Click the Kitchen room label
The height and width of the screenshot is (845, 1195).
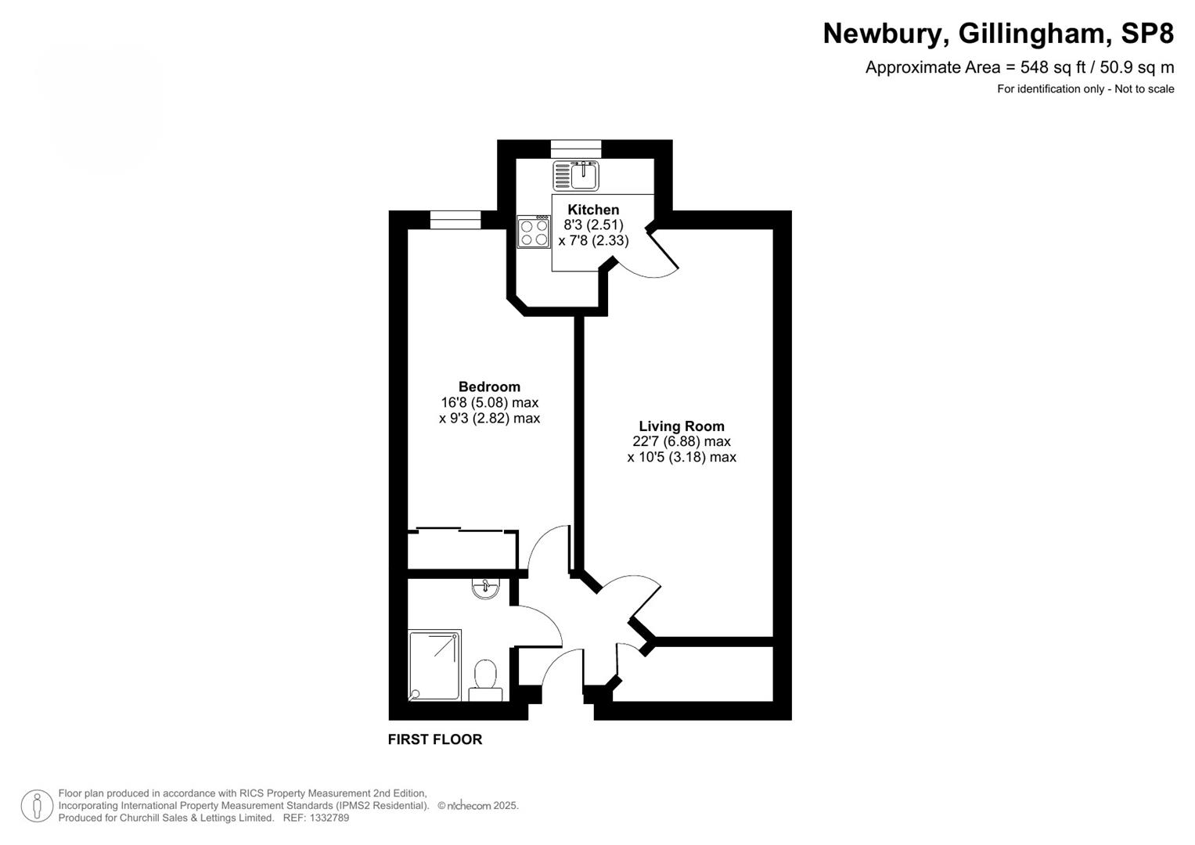coord(592,210)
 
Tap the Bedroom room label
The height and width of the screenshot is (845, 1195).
coord(489,387)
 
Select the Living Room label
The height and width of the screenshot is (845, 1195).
coord(681,426)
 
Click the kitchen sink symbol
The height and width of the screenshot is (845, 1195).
coord(577,175)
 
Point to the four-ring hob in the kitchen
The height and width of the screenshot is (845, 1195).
coord(534,232)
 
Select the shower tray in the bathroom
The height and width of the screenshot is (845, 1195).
coord(434,664)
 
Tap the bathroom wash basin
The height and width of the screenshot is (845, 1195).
coord(486,588)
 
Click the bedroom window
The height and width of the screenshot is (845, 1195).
coord(455,220)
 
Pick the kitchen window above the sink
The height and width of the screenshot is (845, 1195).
coord(576,149)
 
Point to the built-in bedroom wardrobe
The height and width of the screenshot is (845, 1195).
coord(462,550)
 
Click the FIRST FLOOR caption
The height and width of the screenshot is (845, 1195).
coord(435,739)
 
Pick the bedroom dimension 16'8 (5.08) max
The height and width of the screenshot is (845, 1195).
coord(489,403)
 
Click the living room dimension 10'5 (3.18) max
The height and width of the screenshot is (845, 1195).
coord(681,458)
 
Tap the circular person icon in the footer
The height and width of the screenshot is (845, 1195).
coord(37,806)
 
